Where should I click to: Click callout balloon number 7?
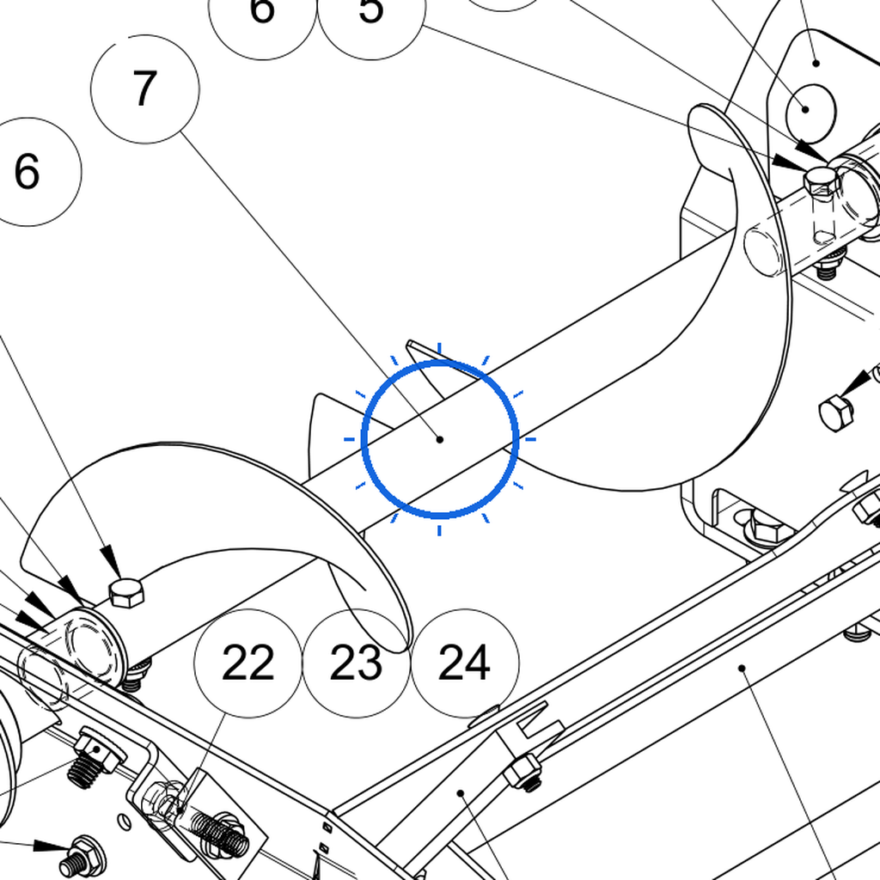[x=144, y=89]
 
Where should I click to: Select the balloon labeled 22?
[x=248, y=663]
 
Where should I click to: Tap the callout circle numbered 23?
[x=357, y=663]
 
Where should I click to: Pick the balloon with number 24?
[x=465, y=663]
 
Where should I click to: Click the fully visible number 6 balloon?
[x=27, y=172]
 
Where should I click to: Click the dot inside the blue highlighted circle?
[x=439, y=439]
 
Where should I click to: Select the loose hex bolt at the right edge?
[x=836, y=412]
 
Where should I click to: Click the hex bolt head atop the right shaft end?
[x=822, y=180]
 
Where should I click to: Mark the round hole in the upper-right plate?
[x=811, y=114]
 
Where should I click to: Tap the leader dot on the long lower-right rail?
[x=742, y=668]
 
